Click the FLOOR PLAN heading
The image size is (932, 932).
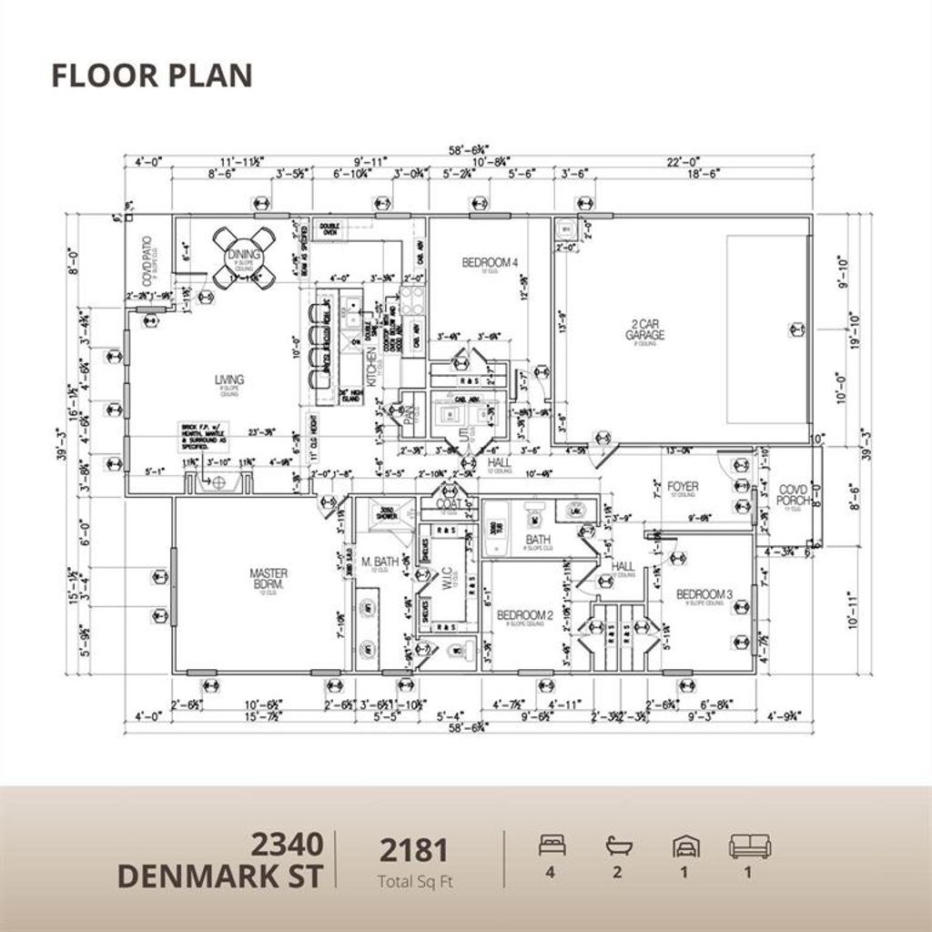pyautogui.click(x=151, y=76)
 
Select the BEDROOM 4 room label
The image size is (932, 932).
pyautogui.click(x=490, y=263)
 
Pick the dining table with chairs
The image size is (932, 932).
pyautogui.click(x=243, y=257)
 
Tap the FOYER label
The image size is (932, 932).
pyautogui.click(x=683, y=487)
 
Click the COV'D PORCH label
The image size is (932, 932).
pyautogui.click(x=793, y=495)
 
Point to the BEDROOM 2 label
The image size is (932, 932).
pyautogui.click(x=524, y=615)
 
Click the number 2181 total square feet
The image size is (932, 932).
pyautogui.click(x=414, y=850)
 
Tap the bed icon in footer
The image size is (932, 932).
pyautogui.click(x=552, y=846)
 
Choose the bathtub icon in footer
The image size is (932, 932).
pyautogui.click(x=618, y=846)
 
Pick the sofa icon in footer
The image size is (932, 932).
pyautogui.click(x=749, y=846)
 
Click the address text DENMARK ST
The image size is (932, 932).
pyautogui.click(x=220, y=876)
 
